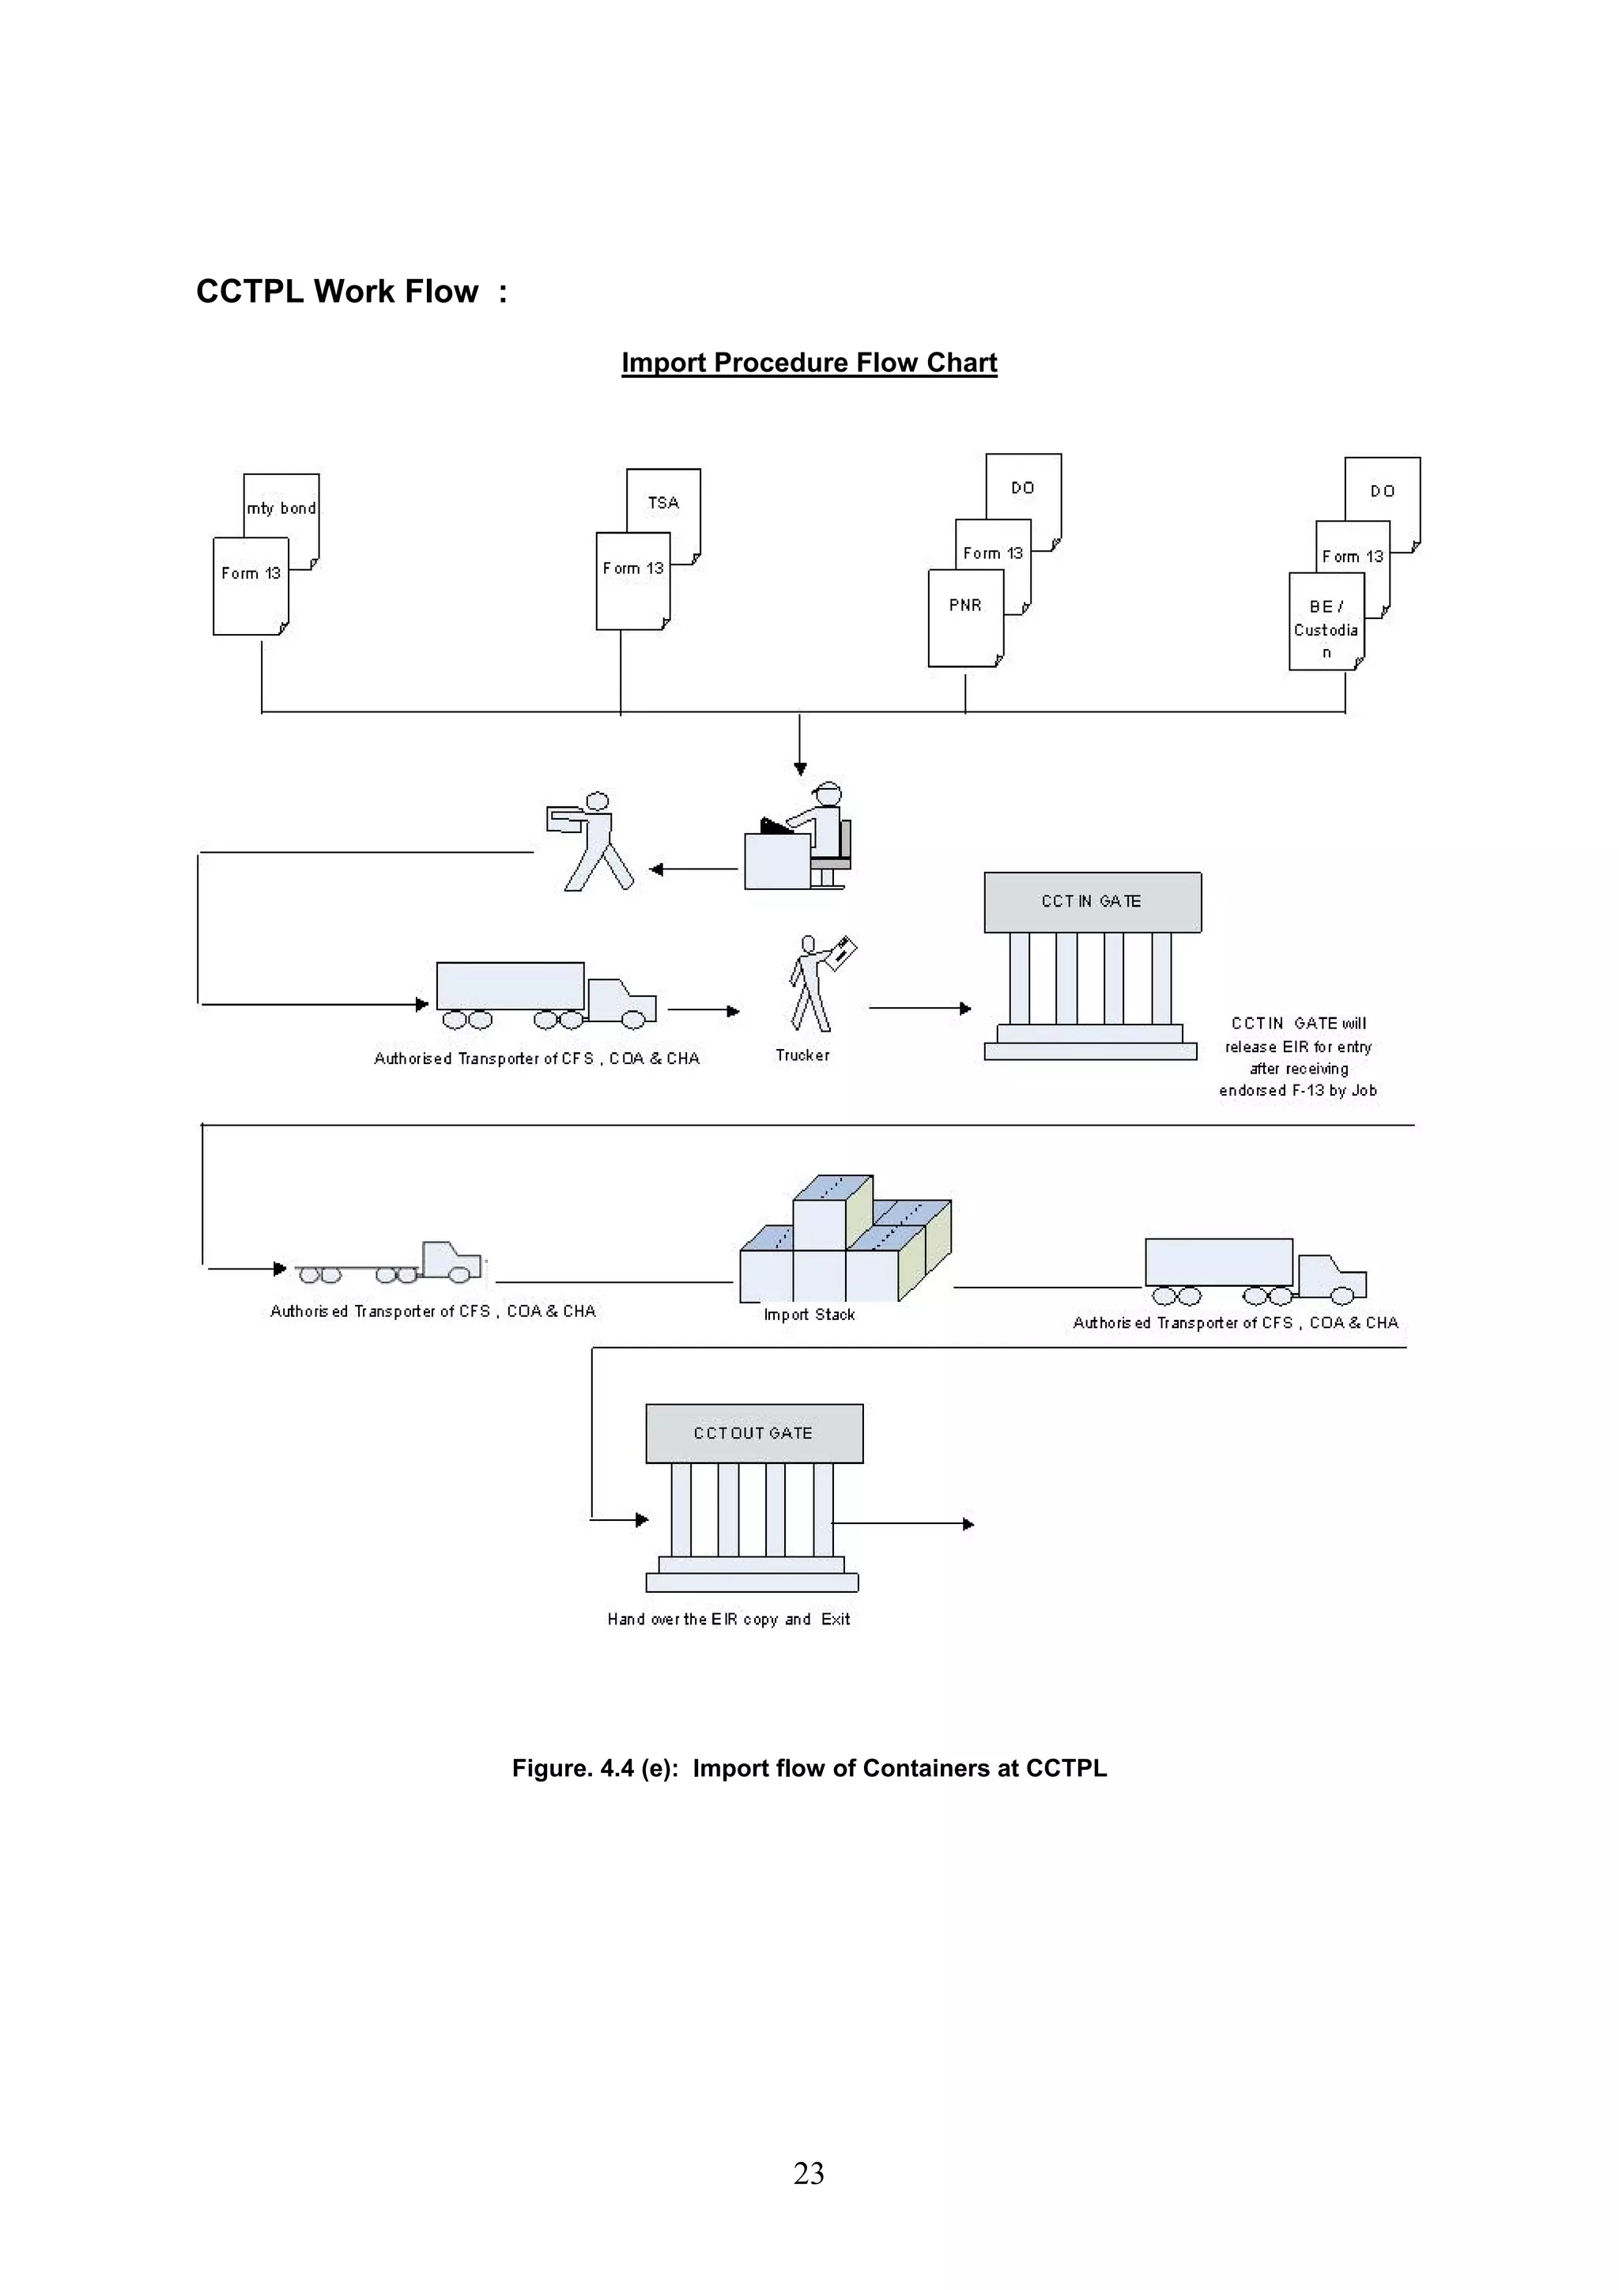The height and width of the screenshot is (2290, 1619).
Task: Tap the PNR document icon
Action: [964, 618]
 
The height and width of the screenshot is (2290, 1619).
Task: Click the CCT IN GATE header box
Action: [1093, 902]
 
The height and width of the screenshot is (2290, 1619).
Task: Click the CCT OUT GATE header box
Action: [754, 1433]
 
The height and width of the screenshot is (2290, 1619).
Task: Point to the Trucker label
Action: [802, 1055]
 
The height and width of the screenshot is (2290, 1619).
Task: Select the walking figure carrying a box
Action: [591, 841]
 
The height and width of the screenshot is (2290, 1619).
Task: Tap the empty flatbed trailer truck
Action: [389, 1265]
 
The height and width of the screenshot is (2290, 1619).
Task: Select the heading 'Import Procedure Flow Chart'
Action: [809, 362]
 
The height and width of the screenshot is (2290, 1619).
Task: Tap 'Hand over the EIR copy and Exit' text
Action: [728, 1619]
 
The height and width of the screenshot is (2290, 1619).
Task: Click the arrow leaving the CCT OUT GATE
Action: [903, 1524]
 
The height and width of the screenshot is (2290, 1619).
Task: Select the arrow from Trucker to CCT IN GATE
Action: [919, 1009]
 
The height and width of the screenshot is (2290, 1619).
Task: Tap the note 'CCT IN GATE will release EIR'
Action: [1298, 1056]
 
